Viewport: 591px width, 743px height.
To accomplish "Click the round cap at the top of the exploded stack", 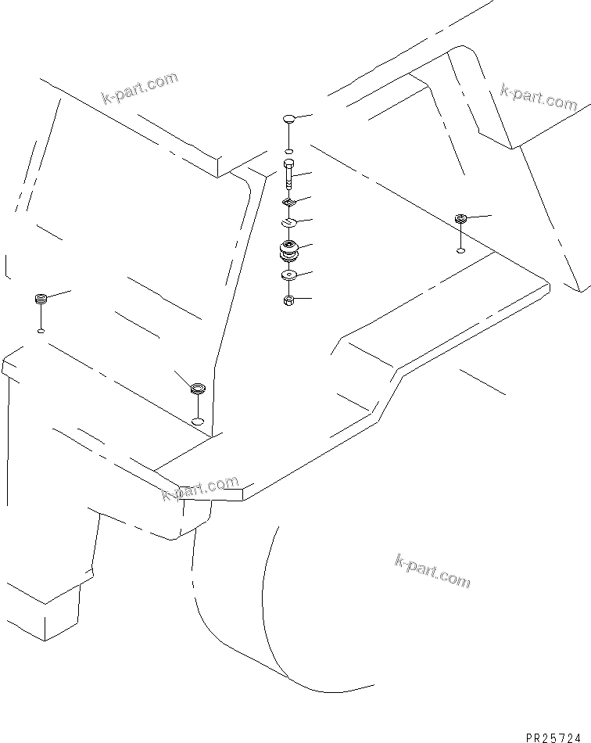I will tap(288, 120).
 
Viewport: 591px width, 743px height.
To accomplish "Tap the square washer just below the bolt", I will tap(288, 203).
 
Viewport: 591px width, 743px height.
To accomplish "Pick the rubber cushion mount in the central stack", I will tap(288, 253).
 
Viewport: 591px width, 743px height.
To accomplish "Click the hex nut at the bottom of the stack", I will tap(288, 300).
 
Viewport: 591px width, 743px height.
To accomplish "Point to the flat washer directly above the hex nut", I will tap(288, 275).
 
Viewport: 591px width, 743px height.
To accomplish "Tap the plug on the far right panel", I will tap(460, 218).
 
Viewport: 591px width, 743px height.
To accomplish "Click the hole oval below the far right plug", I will tap(460, 250).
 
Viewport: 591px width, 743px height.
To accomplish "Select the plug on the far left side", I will tap(41, 299).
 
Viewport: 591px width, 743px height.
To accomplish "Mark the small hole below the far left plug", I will tap(41, 331).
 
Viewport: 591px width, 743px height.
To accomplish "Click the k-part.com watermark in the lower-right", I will tap(432, 571).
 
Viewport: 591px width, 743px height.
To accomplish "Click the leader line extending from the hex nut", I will tap(303, 299).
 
